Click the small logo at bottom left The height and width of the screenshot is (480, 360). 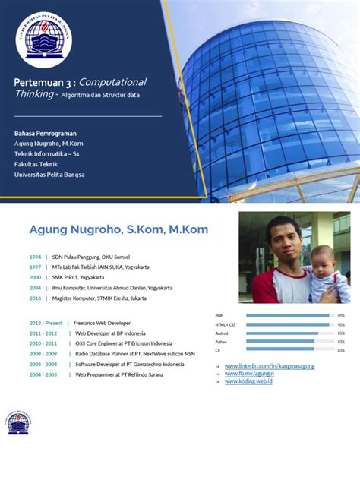click(18, 423)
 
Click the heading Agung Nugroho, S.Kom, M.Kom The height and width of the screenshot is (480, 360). click(118, 229)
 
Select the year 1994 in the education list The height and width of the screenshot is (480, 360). click(35, 257)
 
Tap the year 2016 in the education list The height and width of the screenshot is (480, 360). click(35, 298)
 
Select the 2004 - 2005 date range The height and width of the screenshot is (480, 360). click(43, 374)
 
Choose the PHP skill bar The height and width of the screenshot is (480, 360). click(288, 315)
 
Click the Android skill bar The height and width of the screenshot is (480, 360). click(283, 333)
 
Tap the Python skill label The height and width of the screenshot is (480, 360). click(220, 341)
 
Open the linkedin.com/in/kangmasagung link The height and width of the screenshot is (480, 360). click(270, 366)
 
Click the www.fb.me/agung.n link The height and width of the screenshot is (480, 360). click(250, 374)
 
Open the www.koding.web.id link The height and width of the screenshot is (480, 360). click(248, 381)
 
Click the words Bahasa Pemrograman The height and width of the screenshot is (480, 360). click(44, 133)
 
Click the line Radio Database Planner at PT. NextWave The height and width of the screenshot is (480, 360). click(135, 354)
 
